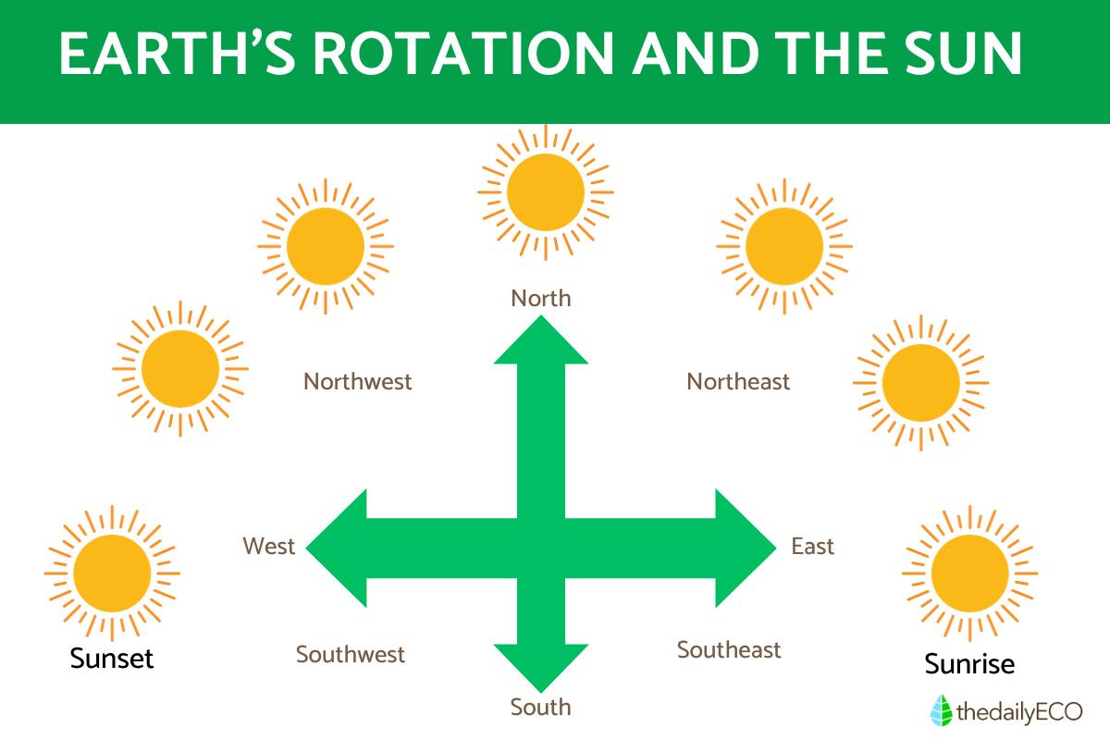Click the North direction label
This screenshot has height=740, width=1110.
coord(541,299)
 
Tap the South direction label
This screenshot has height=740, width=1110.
coord(541,708)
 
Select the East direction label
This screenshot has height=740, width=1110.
coord(812,547)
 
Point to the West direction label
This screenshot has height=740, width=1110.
coord(268,547)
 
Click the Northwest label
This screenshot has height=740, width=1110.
coord(358,381)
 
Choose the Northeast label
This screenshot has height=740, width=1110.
coord(738,381)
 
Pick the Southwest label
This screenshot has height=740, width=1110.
coord(351,655)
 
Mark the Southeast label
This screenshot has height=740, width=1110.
coord(729,650)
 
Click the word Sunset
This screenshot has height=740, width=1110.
coord(112,660)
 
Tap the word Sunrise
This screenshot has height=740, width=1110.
coord(969,664)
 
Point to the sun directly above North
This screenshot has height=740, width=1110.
coord(546,191)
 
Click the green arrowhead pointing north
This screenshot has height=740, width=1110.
coord(541,340)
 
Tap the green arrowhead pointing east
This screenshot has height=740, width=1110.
coord(745,549)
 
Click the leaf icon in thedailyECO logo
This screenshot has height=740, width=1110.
coord(941,710)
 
